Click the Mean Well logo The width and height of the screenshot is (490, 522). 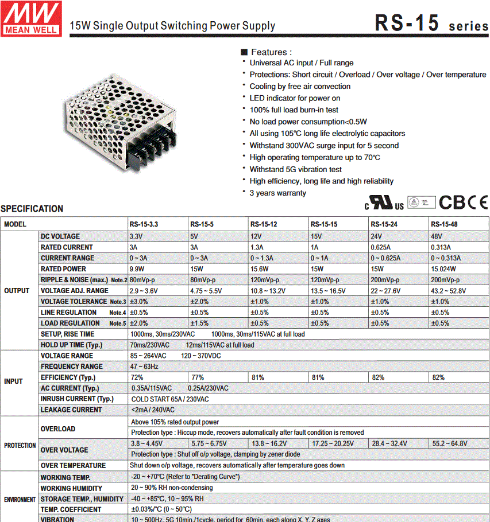pos(31,18)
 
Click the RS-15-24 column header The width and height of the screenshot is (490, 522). pos(385,224)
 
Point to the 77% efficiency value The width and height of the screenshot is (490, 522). pos(197,377)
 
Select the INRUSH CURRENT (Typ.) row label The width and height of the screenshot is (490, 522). pos(77,399)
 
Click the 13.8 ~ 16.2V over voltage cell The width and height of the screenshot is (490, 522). pos(271,443)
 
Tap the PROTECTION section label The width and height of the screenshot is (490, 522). pos(20,446)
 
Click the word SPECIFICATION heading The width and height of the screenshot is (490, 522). pos(32,209)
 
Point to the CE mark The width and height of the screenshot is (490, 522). pos(477,202)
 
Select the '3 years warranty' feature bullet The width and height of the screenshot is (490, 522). pos(277,193)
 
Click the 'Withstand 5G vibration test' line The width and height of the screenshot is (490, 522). pos(295,169)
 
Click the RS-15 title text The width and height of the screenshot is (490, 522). pos(407,23)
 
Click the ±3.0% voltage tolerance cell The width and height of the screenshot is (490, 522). pos(139,302)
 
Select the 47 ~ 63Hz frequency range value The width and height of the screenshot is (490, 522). pos(144,367)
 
